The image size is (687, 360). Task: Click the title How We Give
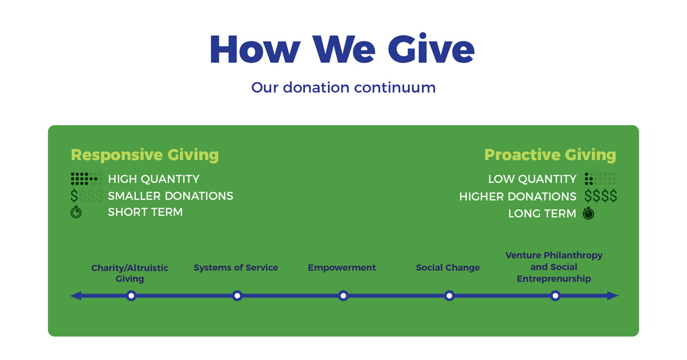pyautogui.click(x=342, y=49)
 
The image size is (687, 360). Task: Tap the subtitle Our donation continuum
pyautogui.click(x=343, y=88)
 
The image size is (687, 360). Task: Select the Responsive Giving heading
pyautogui.click(x=145, y=155)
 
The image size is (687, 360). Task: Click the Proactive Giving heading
pyautogui.click(x=550, y=155)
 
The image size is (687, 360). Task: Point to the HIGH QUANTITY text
pyautogui.click(x=153, y=179)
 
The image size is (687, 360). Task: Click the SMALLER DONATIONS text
pyautogui.click(x=171, y=196)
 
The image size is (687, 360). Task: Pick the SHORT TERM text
pyautogui.click(x=145, y=212)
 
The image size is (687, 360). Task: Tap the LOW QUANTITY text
pyautogui.click(x=532, y=179)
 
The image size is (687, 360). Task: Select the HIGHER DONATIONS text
pyautogui.click(x=518, y=196)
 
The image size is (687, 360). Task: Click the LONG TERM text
pyautogui.click(x=542, y=213)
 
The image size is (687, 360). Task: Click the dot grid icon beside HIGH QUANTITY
pyautogui.click(x=86, y=179)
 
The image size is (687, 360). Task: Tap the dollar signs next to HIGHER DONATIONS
pyautogui.click(x=601, y=196)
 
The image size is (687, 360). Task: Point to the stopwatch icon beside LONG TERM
pyautogui.click(x=589, y=213)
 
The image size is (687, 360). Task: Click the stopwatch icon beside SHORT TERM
pyautogui.click(x=76, y=212)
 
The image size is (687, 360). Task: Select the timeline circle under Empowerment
pyautogui.click(x=343, y=296)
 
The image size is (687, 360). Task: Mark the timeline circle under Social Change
pyautogui.click(x=449, y=296)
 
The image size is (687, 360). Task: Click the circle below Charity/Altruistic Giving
pyautogui.click(x=131, y=296)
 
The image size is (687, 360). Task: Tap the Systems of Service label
pyautogui.click(x=236, y=267)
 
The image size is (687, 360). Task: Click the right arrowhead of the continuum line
pyautogui.click(x=613, y=296)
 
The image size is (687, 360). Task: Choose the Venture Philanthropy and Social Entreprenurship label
pyautogui.click(x=554, y=267)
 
